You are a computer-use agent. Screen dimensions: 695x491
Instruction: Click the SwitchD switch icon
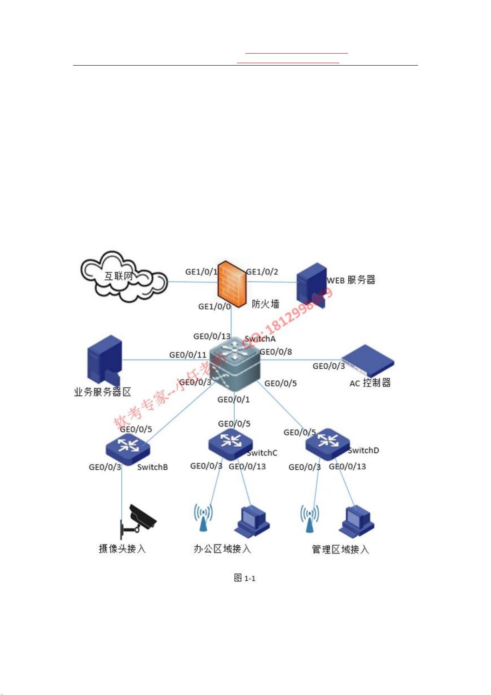[328, 443]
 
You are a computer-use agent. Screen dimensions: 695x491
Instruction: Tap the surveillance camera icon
[138, 521]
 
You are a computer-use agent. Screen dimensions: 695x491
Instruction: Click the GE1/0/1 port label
[201, 272]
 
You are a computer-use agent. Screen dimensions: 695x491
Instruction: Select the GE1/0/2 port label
[262, 272]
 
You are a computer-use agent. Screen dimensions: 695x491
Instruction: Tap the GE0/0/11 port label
[188, 355]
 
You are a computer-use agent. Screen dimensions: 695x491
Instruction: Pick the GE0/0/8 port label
[276, 352]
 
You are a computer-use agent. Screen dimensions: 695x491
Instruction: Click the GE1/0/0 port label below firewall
[214, 306]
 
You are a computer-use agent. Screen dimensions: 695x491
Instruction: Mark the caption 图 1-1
[244, 578]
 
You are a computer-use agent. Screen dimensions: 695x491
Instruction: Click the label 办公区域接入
[222, 549]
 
